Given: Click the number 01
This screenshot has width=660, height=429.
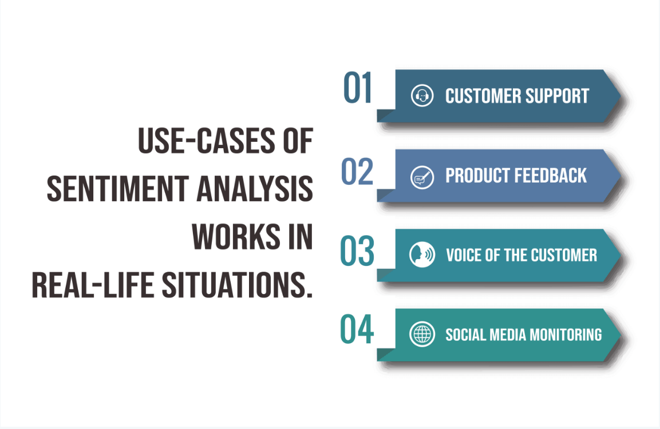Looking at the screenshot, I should [x=358, y=89].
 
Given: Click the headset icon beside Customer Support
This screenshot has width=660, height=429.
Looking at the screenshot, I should [x=422, y=96].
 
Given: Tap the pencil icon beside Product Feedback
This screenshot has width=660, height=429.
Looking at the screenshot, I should [x=422, y=176].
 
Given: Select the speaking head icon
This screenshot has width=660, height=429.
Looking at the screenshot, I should [x=422, y=255].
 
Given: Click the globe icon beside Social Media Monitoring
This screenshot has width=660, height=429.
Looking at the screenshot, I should [x=422, y=334].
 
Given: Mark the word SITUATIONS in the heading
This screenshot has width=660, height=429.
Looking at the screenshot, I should [x=237, y=284].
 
